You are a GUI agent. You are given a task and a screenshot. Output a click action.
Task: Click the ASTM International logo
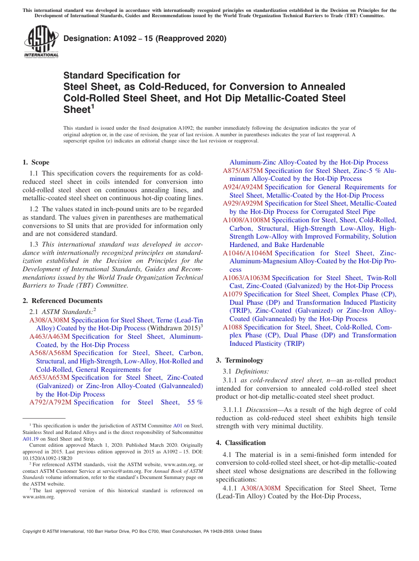pos(41,42)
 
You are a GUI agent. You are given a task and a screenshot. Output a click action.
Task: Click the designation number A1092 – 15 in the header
pos(145,38)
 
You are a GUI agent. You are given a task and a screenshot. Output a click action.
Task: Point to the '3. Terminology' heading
pos(239,360)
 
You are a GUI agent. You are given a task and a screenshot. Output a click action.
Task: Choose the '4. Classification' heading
pos(241,443)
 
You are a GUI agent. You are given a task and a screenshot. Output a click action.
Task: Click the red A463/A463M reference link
pos(49,337)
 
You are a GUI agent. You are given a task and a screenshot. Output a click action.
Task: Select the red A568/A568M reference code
pos(50,353)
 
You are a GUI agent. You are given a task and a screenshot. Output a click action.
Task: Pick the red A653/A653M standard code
pos(49,378)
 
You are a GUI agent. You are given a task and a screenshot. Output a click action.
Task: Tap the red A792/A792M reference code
pos(50,402)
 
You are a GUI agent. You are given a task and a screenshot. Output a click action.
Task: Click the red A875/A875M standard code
pos(243,171)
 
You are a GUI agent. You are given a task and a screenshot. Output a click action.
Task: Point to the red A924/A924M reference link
pos(243,187)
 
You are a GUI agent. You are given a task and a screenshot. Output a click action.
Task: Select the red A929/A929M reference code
pos(243,203)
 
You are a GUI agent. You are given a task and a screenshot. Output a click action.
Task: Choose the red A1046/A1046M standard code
pos(247,253)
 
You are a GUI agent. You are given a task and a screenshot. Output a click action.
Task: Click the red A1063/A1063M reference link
pos(246,278)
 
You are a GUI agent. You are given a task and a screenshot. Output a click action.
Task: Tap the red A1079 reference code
pos(232,294)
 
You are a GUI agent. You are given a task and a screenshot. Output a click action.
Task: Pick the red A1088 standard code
pos(232,327)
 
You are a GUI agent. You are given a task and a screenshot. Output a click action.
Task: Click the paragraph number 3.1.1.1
pos(233,410)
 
